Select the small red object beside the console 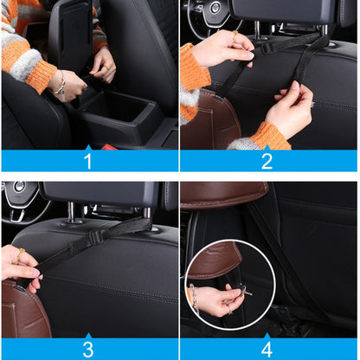(x=106, y=146)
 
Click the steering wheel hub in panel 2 (x=214, y=8)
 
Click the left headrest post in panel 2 (x=256, y=31)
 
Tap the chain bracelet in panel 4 (x=195, y=299)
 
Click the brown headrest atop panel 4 (x=223, y=192)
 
